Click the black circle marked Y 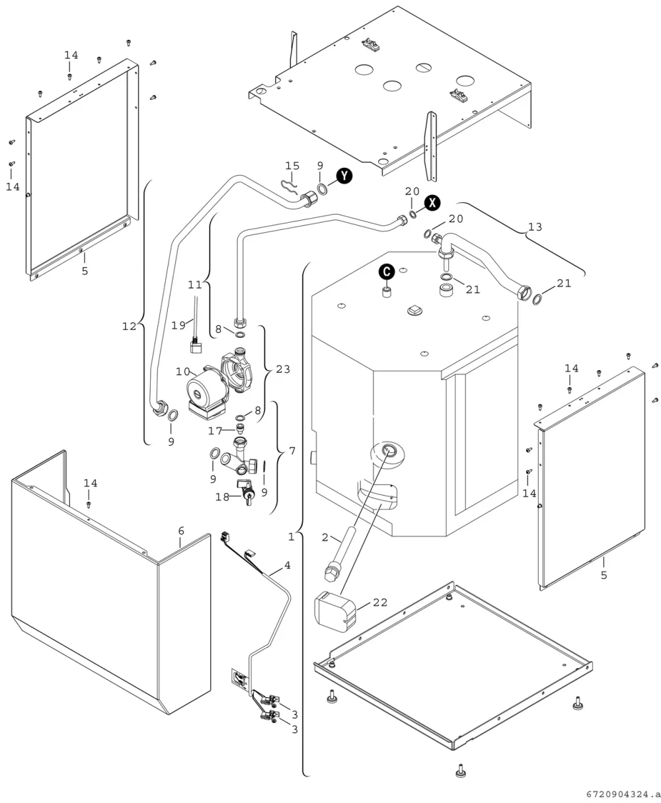pyautogui.click(x=344, y=176)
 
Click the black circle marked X pyautogui.click(x=432, y=202)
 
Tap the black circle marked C pyautogui.click(x=387, y=272)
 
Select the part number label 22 pyautogui.click(x=379, y=602)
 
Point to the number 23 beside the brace pyautogui.click(x=283, y=369)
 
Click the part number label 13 pyautogui.click(x=535, y=227)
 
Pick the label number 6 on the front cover pyautogui.click(x=181, y=531)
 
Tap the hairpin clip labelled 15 pyautogui.click(x=289, y=186)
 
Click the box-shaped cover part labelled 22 pyautogui.click(x=334, y=611)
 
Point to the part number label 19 pyautogui.click(x=178, y=325)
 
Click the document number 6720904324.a pyautogui.click(x=623, y=794)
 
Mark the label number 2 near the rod pyautogui.click(x=325, y=537)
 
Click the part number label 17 pyautogui.click(x=215, y=431)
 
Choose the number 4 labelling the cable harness pyautogui.click(x=288, y=566)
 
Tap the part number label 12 pyautogui.click(x=129, y=326)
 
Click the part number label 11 pyautogui.click(x=194, y=284)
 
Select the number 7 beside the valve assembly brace pyautogui.click(x=292, y=451)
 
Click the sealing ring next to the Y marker pyautogui.click(x=322, y=189)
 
